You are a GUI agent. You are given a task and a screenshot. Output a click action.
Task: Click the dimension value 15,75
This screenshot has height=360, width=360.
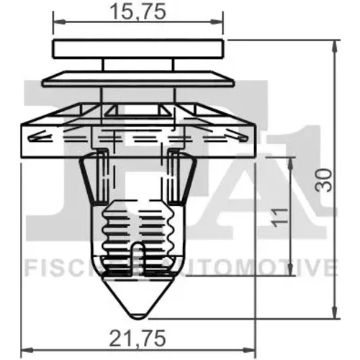tap(138, 12)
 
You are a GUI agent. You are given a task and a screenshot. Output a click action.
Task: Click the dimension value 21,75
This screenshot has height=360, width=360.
tap(138, 338)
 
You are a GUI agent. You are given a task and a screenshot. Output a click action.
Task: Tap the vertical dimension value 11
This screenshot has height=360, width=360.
tap(280, 217)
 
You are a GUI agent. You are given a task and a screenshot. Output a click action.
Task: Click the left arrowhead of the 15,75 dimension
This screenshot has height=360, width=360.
tap(59, 22)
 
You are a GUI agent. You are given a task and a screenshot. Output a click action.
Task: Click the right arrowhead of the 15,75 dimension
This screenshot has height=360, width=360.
tap(217, 22)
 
